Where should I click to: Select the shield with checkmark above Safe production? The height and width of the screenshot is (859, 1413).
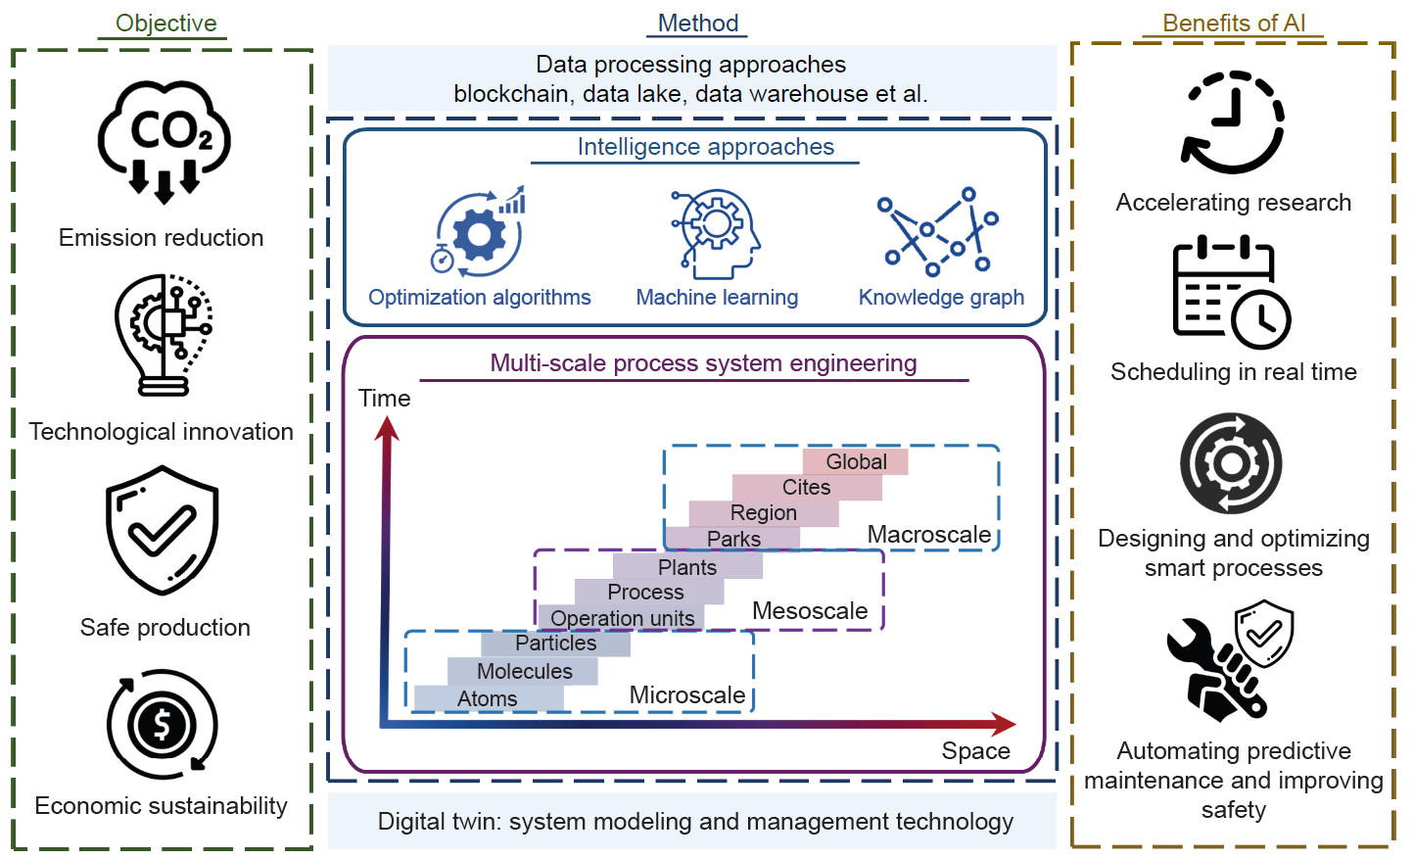pyautogui.click(x=162, y=530)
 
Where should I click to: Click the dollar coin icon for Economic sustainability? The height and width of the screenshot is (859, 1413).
pyautogui.click(x=162, y=725)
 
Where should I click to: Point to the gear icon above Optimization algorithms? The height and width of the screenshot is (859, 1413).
pyautogui.click(x=479, y=232)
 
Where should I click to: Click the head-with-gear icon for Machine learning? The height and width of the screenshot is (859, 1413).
pyautogui.click(x=716, y=233)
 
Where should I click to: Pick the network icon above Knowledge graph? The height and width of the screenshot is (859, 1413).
pyautogui.click(x=938, y=232)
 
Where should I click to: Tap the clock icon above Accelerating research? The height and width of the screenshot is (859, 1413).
pyautogui.click(x=1232, y=122)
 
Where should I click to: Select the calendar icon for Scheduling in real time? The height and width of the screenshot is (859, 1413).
pyautogui.click(x=1231, y=292)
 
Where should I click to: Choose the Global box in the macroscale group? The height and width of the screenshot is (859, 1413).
pyautogui.click(x=856, y=461)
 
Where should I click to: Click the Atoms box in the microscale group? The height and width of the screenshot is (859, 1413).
pyautogui.click(x=488, y=698)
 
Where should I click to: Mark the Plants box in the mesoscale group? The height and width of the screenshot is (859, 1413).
pyautogui.click(x=687, y=567)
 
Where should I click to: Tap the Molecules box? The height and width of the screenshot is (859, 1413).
pyautogui.click(x=524, y=671)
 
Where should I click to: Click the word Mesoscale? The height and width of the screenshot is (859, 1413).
pyautogui.click(x=810, y=611)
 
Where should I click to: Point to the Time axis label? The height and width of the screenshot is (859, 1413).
pyautogui.click(x=384, y=399)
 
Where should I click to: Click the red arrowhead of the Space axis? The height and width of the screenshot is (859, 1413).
pyautogui.click(x=1004, y=725)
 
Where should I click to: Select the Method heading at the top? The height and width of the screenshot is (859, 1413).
pyautogui.click(x=697, y=24)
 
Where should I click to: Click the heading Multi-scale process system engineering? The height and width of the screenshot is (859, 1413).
pyautogui.click(x=703, y=363)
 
